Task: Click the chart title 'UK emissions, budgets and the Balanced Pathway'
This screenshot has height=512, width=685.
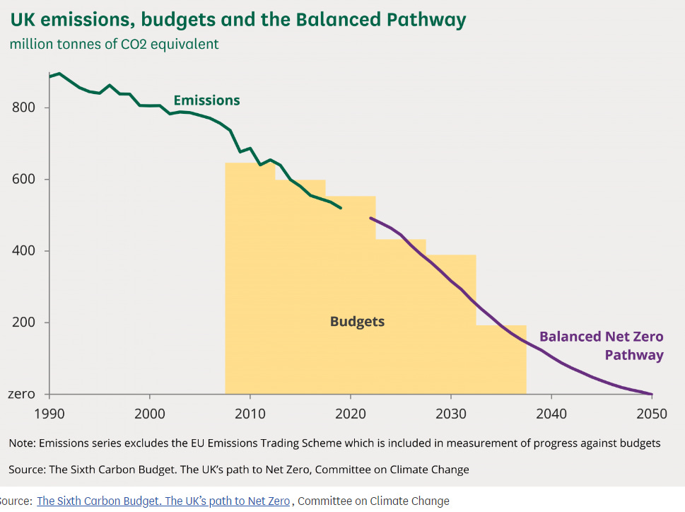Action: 238,19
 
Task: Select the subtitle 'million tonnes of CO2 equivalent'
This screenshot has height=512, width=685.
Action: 114,44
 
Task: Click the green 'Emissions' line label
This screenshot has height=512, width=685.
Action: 206,100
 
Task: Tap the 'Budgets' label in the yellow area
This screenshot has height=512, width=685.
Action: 357,322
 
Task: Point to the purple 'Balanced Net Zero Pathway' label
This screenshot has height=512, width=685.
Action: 601,345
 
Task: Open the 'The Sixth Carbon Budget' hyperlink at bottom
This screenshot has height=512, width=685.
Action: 163,501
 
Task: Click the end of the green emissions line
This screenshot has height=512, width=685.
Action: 341,208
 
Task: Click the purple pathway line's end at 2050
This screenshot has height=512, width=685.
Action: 652,394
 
